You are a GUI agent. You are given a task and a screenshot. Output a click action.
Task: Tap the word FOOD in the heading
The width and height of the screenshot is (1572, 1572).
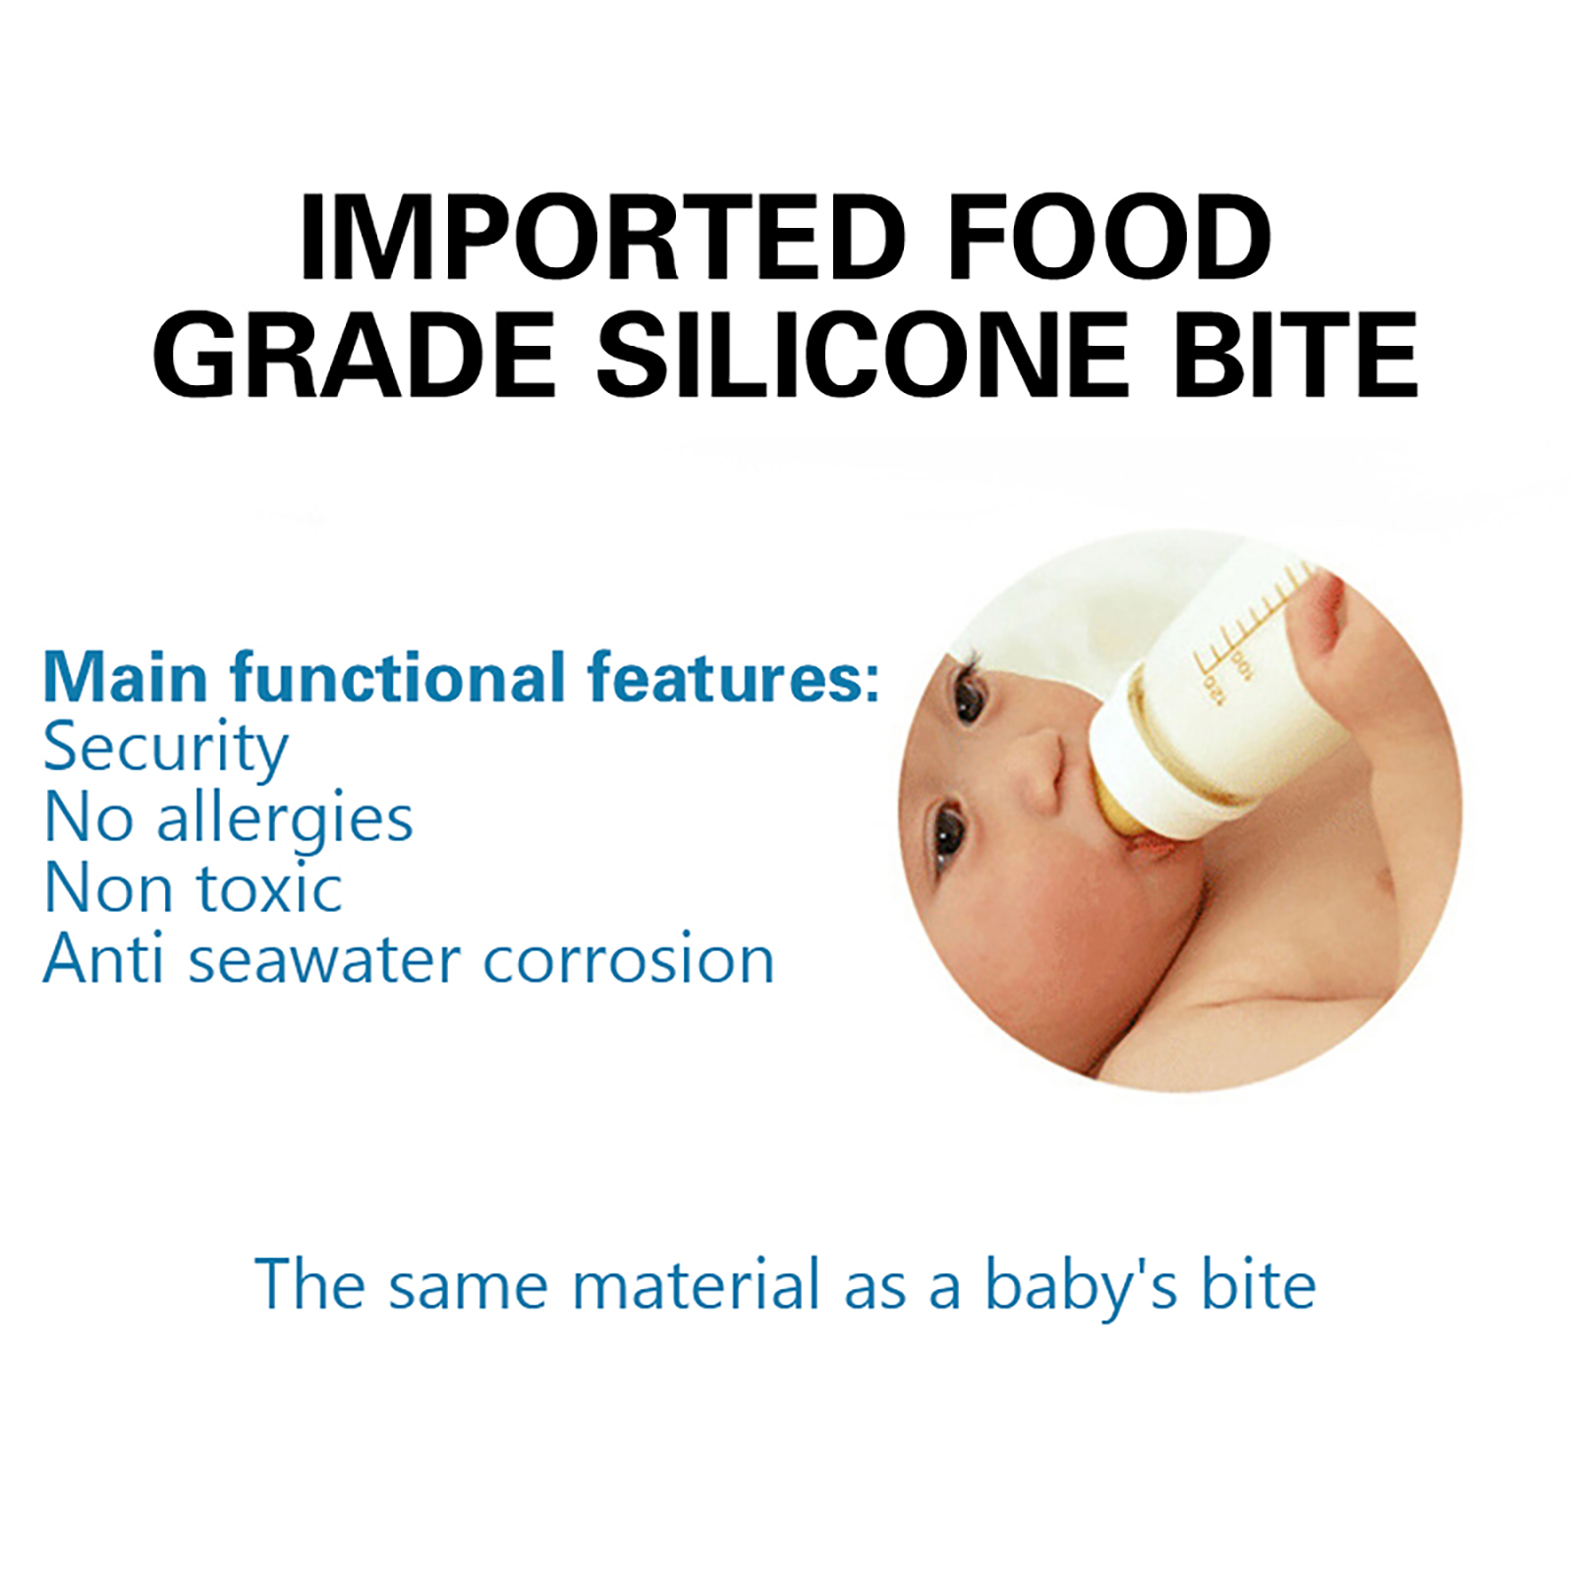click(1110, 238)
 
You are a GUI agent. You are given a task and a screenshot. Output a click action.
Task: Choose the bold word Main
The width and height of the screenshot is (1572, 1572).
click(126, 677)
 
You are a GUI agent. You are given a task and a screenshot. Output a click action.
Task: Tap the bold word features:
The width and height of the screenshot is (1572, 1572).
click(733, 677)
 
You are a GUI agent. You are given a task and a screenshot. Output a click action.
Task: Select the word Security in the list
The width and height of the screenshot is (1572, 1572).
click(165, 750)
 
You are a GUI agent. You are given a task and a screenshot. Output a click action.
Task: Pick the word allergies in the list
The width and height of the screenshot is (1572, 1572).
click(285, 819)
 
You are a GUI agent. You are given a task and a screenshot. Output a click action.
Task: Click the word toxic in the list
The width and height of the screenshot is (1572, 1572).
click(270, 888)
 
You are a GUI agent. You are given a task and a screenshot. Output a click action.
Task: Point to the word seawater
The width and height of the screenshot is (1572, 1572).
click(324, 960)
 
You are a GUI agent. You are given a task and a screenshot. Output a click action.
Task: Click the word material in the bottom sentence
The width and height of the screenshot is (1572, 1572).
click(696, 1284)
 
